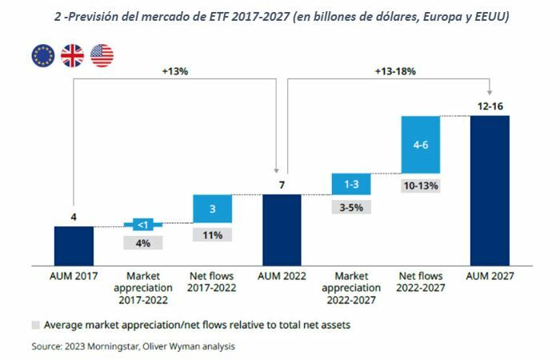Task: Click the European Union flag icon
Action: click(x=43, y=55)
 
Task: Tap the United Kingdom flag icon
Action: click(x=73, y=55)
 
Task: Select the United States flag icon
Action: click(x=102, y=55)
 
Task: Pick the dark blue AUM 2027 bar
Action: click(x=490, y=190)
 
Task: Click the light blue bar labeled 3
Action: click(x=212, y=209)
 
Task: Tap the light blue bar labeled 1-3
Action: click(x=350, y=183)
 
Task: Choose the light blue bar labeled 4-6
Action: click(x=420, y=144)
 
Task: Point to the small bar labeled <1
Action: click(x=143, y=224)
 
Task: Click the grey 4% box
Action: click(x=143, y=242)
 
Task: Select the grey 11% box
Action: click(x=212, y=235)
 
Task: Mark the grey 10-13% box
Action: click(x=420, y=186)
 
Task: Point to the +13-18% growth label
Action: click(x=394, y=70)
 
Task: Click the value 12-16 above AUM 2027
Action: click(x=490, y=105)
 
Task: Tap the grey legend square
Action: click(x=35, y=326)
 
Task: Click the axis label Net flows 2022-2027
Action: click(x=420, y=282)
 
